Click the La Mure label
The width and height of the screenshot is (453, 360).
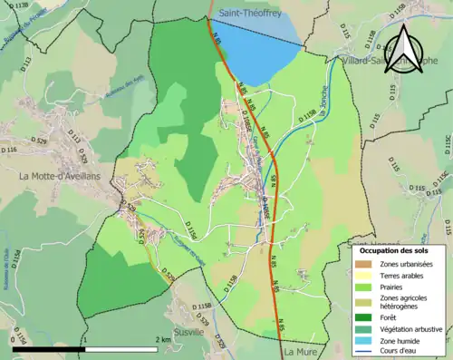click(296, 350)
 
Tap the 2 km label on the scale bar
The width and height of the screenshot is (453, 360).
click(163, 339)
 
